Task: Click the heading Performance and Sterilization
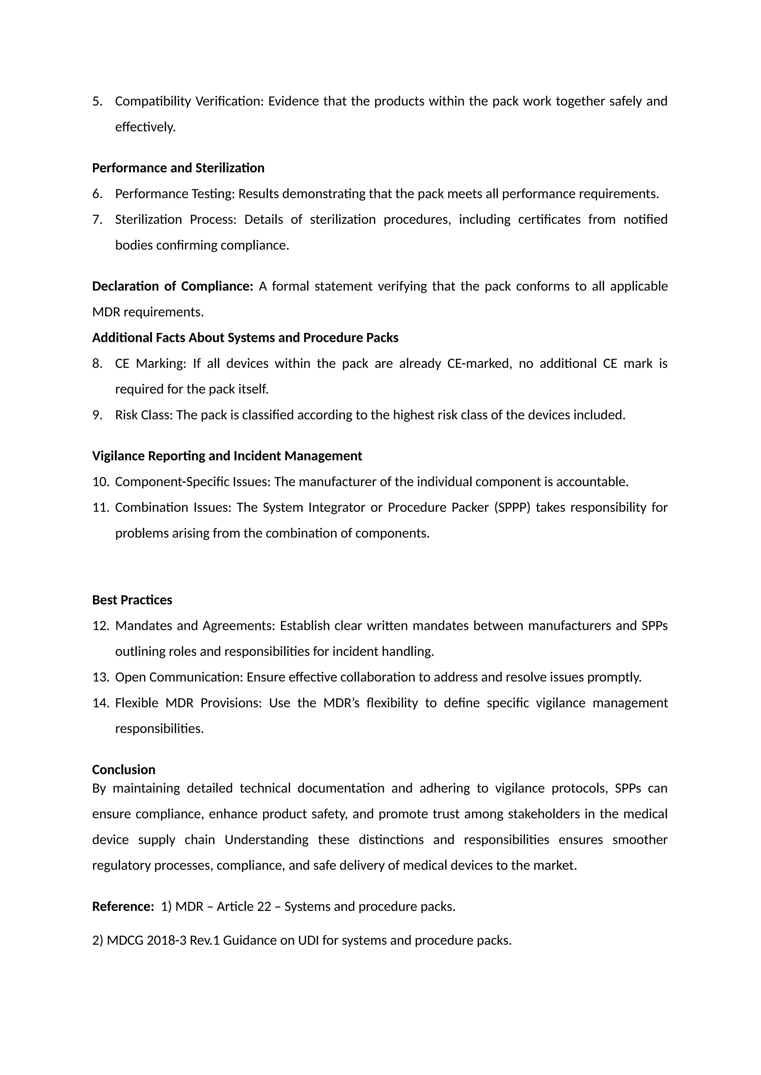click(x=178, y=168)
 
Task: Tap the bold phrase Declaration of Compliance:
click(x=172, y=286)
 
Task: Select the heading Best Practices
click(x=132, y=600)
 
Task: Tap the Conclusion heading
click(x=124, y=770)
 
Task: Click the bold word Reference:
click(x=123, y=906)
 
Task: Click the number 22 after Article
click(x=264, y=906)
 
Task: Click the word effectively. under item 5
click(x=145, y=127)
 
